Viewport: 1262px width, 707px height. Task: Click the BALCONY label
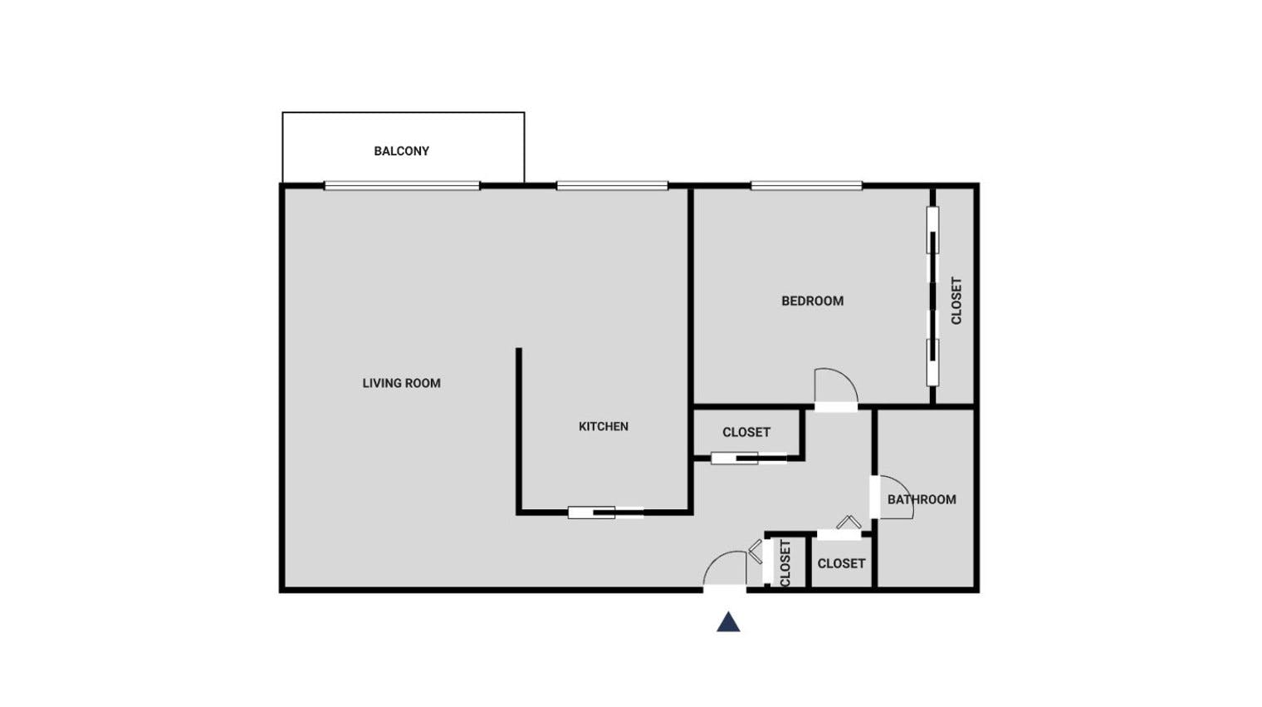401,151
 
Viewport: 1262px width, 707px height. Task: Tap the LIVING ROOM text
401,383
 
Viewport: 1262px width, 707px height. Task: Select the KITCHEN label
604,426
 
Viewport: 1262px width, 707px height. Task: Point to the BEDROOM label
812,301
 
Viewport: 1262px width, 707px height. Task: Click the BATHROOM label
922,499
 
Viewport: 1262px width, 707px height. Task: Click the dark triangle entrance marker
728,622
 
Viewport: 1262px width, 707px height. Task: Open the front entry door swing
724,570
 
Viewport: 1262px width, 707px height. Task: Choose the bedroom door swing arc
835,386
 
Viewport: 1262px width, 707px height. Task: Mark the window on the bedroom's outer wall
806,186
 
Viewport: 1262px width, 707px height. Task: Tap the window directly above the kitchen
612,186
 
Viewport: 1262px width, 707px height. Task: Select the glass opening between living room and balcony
402,186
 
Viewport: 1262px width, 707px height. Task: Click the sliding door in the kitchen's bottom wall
605,513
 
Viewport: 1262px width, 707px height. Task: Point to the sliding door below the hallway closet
748,458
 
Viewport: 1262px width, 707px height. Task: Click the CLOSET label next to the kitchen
746,432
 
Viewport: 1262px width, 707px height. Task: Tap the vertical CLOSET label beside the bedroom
956,301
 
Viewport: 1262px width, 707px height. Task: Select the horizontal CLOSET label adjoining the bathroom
841,563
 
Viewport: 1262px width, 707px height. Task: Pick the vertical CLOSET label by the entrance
785,563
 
